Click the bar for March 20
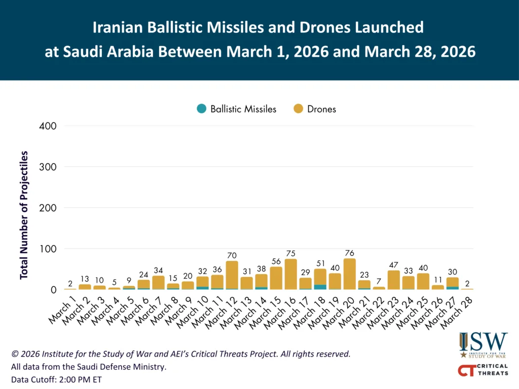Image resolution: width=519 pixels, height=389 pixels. point(350,274)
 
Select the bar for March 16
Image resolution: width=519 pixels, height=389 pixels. point(291,275)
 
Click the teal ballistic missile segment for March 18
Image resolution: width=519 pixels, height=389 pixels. point(320,287)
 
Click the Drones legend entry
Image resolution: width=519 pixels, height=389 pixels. point(315,109)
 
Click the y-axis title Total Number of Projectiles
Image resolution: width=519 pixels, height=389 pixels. point(24,215)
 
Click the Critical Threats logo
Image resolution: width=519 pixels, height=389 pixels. point(483,370)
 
